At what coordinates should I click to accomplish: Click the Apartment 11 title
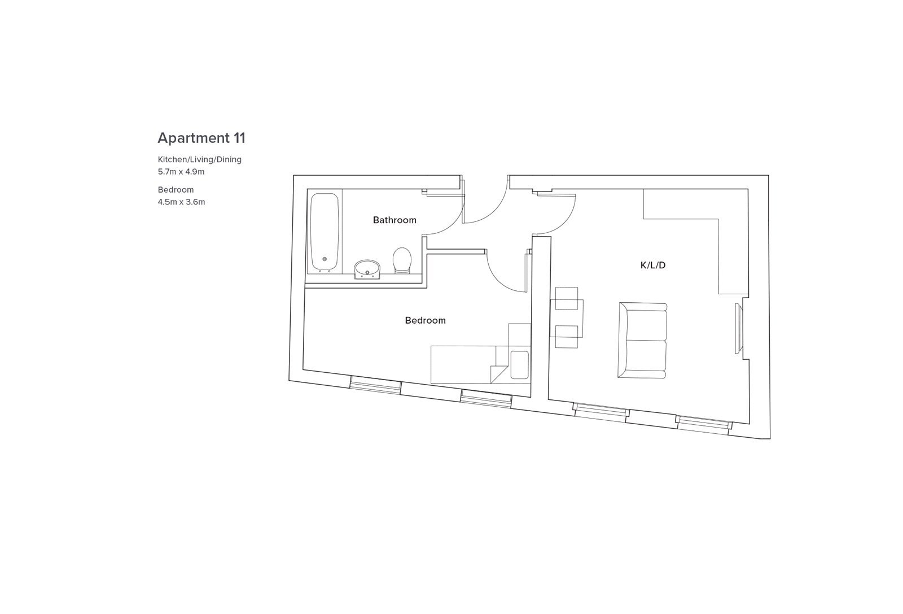[201, 138]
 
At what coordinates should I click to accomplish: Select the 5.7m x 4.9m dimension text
[181, 172]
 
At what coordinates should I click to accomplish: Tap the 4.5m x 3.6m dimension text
[181, 202]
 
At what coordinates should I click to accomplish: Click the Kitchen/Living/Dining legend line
[200, 159]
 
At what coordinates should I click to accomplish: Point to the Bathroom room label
[394, 220]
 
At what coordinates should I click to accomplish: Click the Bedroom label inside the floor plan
[426, 320]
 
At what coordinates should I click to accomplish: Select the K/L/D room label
[652, 265]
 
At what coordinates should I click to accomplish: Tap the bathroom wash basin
[367, 269]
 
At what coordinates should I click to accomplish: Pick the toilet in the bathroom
[402, 260]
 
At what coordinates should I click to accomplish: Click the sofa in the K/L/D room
[642, 340]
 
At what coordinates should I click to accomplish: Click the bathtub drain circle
[325, 259]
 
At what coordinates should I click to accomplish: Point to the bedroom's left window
[375, 385]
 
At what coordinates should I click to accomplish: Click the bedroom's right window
[486, 399]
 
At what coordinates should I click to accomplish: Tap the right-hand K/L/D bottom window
[704, 425]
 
